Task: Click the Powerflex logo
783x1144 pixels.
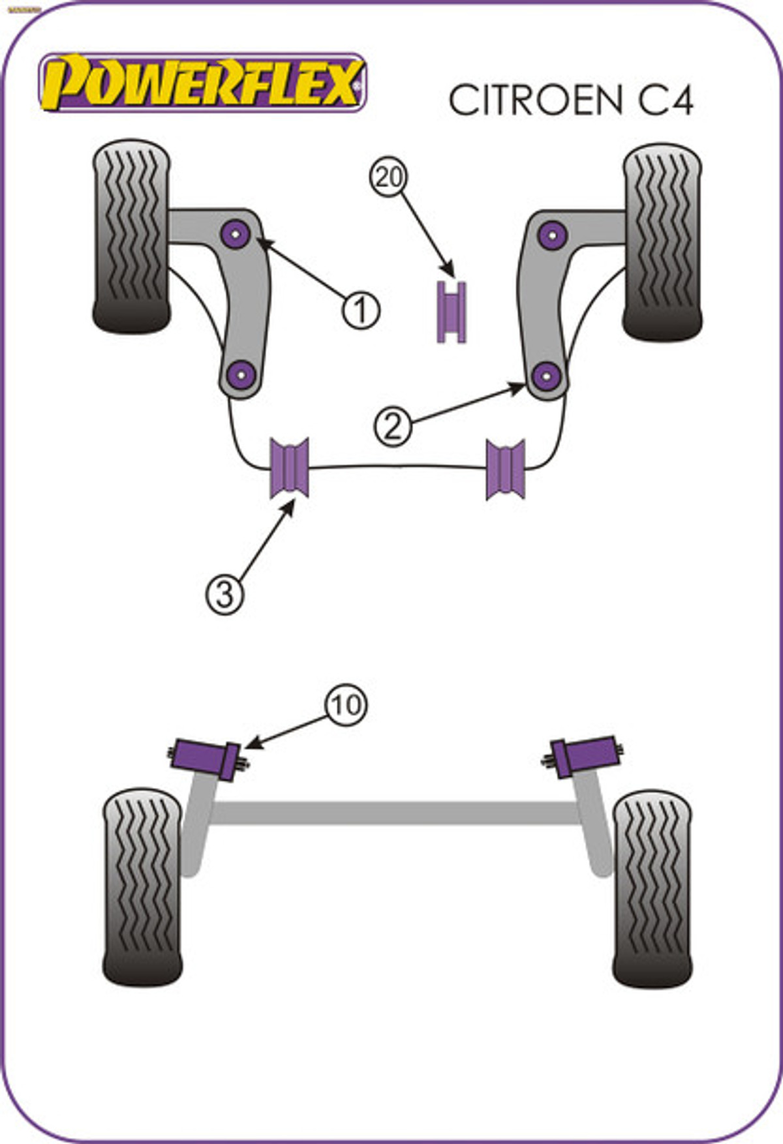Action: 202,83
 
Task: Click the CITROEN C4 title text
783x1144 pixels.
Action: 570,100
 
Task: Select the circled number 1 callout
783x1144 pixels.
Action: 361,310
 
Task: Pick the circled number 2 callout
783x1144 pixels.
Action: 393,427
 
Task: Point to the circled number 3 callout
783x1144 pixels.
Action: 224,594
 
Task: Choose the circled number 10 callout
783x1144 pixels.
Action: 346,705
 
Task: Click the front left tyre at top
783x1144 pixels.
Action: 132,237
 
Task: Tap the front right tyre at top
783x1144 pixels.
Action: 662,241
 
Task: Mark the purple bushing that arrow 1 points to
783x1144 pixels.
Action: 236,233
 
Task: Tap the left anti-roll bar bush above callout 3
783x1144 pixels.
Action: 290,468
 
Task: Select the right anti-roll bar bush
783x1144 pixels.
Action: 506,469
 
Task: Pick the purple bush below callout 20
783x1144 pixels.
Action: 451,312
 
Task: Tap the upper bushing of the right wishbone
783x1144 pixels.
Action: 553,235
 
